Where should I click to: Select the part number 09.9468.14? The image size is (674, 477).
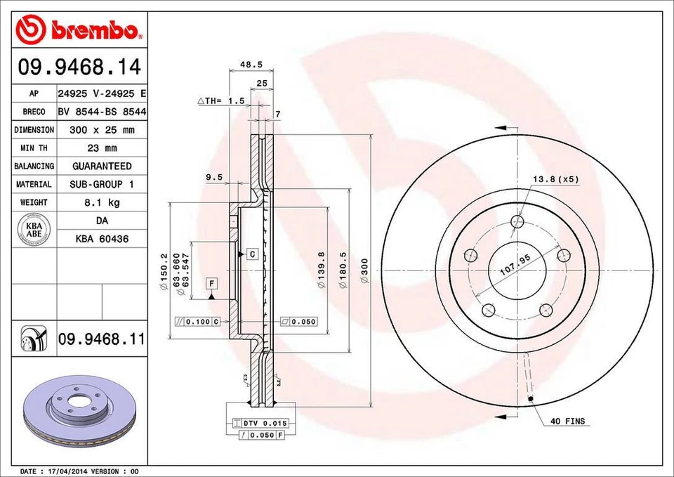point(79,68)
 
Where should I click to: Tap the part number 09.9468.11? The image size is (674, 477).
point(102,339)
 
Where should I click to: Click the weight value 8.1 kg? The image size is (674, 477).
point(102,202)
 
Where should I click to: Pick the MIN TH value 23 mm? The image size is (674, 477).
point(102,148)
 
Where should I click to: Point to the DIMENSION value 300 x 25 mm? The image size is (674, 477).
point(102,130)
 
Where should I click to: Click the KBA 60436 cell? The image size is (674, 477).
point(102,239)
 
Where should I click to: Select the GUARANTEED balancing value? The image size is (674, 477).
point(102,166)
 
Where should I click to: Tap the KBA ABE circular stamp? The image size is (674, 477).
point(34,230)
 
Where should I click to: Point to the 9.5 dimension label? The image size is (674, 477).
point(214,178)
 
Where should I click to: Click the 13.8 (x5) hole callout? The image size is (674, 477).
point(555,179)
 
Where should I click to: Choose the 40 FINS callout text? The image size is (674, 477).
point(568,422)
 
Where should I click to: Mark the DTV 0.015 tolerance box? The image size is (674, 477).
point(257,423)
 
